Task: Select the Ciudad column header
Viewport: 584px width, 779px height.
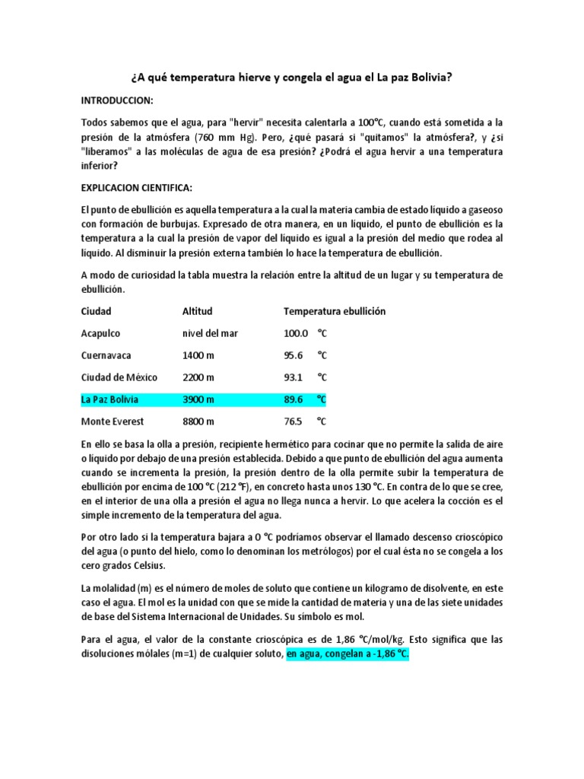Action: (96, 311)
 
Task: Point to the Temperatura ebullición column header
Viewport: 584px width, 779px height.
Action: (335, 311)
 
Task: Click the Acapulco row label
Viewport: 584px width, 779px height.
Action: (100, 333)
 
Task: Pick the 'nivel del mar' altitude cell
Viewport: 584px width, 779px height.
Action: (211, 333)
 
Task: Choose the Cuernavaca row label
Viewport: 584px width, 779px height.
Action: (106, 355)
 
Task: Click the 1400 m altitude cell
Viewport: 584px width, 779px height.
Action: (198, 355)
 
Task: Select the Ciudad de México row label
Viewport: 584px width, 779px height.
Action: (119, 377)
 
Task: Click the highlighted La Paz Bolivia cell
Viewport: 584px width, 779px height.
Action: (110, 399)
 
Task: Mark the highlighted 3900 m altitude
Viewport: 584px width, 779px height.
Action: (198, 399)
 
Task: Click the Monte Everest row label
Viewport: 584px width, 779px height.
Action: (112, 421)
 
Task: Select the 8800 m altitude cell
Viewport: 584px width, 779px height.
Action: (198, 421)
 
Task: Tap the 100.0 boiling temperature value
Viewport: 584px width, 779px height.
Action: (295, 333)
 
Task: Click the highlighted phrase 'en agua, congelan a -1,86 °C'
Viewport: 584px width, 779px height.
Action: (348, 653)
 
